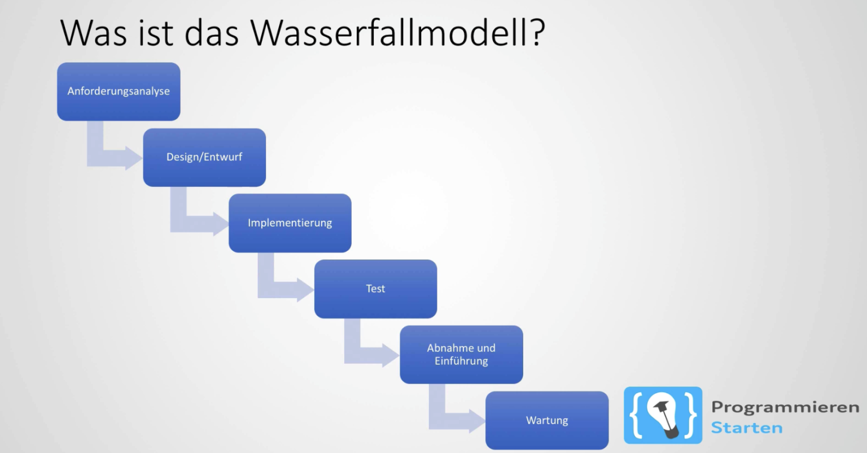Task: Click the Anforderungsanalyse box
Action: pyautogui.click(x=119, y=92)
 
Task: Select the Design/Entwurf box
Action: pyautogui.click(x=204, y=157)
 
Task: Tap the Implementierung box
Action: pyautogui.click(x=290, y=223)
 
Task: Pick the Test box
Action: pyautogui.click(x=375, y=289)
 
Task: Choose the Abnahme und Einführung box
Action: pyautogui.click(x=461, y=354)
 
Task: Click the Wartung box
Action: pyautogui.click(x=547, y=420)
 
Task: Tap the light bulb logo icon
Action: pyautogui.click(x=663, y=415)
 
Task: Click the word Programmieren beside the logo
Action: pyautogui.click(x=785, y=408)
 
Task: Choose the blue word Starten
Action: pyautogui.click(x=746, y=428)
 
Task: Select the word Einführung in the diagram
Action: pyautogui.click(x=461, y=361)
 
